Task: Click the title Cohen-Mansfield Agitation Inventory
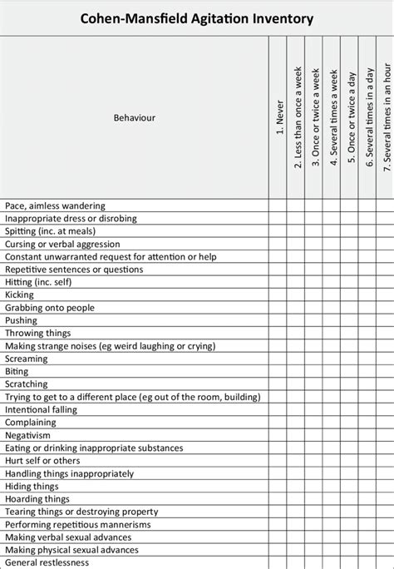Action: click(x=197, y=18)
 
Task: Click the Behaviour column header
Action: click(x=134, y=118)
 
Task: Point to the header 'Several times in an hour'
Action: click(x=386, y=116)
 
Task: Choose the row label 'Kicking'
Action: click(x=19, y=295)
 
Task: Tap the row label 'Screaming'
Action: click(x=27, y=359)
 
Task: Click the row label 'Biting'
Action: click(x=17, y=372)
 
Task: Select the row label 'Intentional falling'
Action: click(x=41, y=410)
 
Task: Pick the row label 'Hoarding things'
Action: click(x=37, y=499)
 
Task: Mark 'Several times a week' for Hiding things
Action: click(x=332, y=487)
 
